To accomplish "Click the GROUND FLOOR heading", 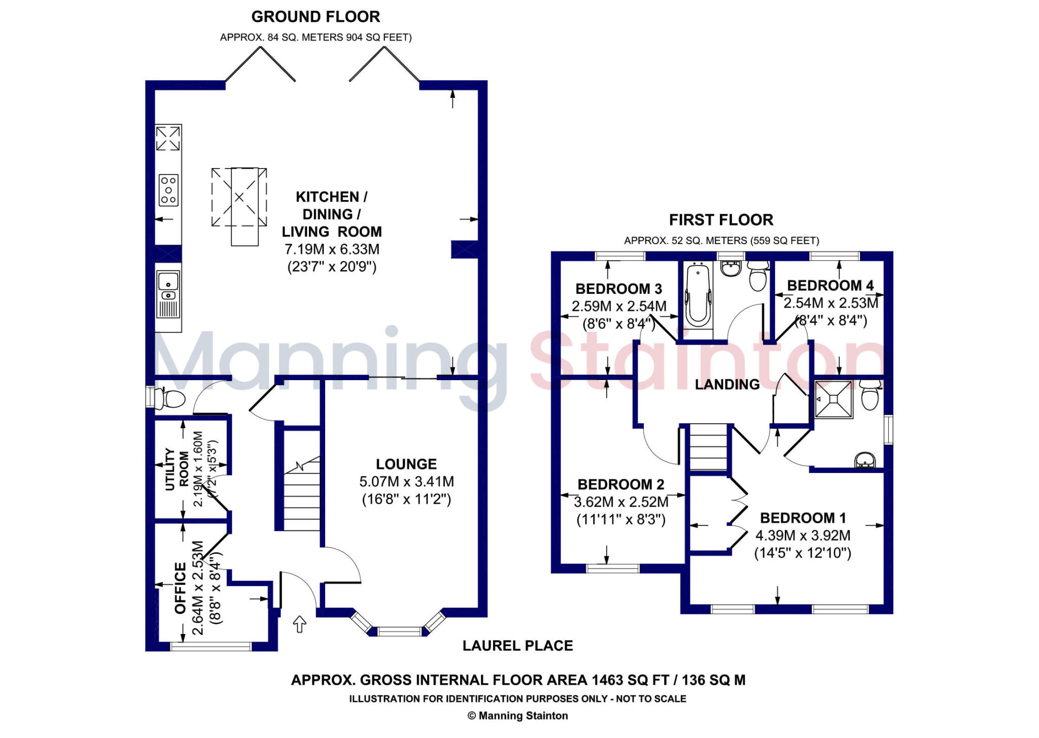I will tap(316, 17).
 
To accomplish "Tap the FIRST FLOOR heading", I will tap(721, 220).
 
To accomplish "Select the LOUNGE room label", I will tap(406, 464).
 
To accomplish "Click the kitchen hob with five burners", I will tap(168, 190).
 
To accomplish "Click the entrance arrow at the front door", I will tap(299, 624).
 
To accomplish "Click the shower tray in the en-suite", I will tap(834, 399).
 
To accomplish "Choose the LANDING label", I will tap(727, 384).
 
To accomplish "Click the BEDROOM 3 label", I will tap(618, 289).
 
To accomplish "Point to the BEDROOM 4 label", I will tap(830, 285).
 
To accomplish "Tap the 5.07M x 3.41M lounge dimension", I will tap(406, 481).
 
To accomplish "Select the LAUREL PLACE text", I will tap(517, 646).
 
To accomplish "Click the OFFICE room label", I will tap(181, 588).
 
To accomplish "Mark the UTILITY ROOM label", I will tap(177, 469).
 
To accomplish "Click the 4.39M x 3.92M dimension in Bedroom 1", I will tap(803, 535).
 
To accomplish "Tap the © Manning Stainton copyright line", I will tap(517, 716).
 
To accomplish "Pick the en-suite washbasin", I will tap(865, 460).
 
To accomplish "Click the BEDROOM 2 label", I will tap(620, 484).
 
